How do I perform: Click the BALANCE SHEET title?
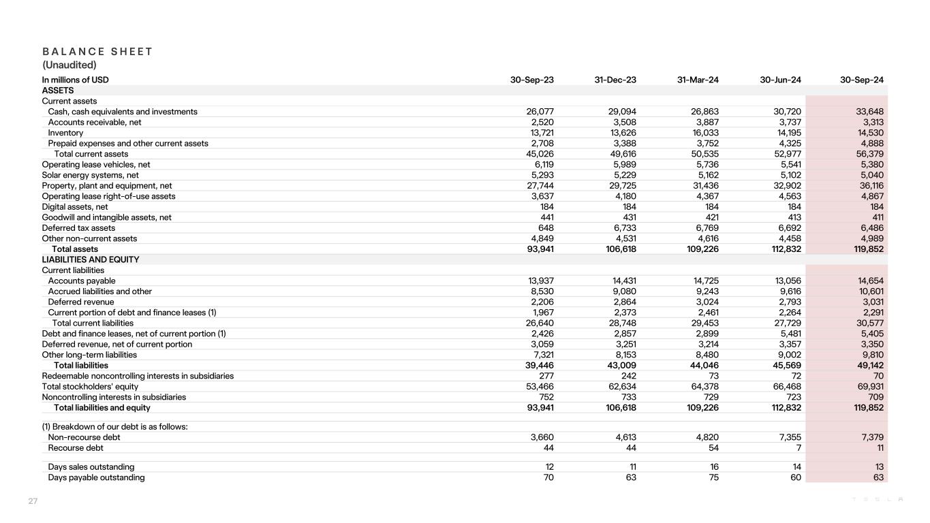(x=97, y=52)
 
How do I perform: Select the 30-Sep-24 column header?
(x=862, y=80)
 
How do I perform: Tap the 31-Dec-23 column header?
(x=615, y=80)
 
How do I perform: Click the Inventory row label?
(x=65, y=133)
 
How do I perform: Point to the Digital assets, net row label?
(x=75, y=207)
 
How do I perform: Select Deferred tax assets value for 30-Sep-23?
(x=545, y=228)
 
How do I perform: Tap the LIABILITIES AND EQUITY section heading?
(x=91, y=259)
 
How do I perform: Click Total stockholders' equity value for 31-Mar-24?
(x=703, y=387)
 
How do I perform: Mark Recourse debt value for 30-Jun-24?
(x=799, y=448)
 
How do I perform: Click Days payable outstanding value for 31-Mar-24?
(x=713, y=477)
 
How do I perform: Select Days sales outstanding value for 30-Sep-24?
(x=879, y=467)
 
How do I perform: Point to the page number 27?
(x=33, y=502)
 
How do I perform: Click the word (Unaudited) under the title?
(x=69, y=65)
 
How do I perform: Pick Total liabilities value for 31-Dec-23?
(x=619, y=366)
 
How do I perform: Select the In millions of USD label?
(x=75, y=80)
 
